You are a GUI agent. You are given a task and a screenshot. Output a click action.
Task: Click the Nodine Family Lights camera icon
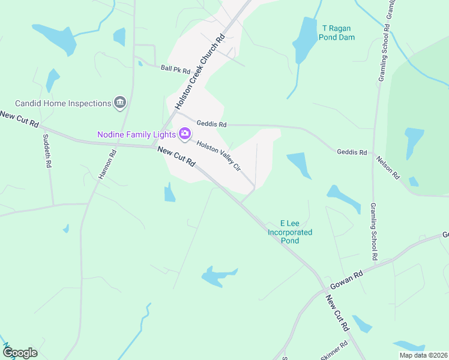coord(185,133)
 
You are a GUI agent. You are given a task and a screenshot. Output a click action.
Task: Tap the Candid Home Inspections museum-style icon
coord(120,103)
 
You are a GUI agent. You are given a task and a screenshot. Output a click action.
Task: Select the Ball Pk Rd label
coord(175,68)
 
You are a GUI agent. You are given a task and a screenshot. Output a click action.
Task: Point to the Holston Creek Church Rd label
coord(200,71)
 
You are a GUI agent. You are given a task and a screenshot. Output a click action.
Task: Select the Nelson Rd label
coord(388,167)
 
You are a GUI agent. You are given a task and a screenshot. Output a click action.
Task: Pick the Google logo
coord(20,352)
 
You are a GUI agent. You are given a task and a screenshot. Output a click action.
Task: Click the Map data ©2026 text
coord(423,355)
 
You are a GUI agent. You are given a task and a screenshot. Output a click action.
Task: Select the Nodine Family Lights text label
coord(137,134)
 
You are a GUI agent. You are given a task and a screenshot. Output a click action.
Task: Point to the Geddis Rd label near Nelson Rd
coord(352,152)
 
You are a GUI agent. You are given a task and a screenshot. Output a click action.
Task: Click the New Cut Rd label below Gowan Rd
coord(337,313)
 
